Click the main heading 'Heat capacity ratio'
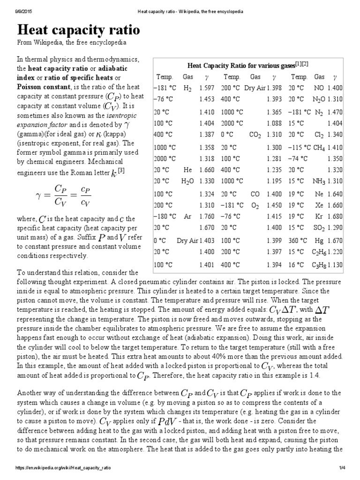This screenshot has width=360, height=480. point(78,30)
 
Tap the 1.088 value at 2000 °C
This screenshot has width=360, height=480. point(274,123)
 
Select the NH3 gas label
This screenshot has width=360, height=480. point(320,181)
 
